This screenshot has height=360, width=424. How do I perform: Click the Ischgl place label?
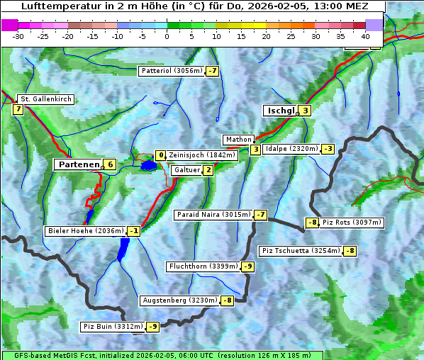pos(281,111)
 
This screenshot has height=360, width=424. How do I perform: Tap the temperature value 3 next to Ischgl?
pos(305,111)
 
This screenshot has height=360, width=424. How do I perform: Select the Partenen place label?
pos(78,164)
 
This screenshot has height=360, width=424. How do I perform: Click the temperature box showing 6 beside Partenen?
pos(110,164)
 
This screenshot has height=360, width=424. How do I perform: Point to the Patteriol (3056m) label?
pos(172,71)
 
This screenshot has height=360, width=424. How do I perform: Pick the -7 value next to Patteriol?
pos(213,71)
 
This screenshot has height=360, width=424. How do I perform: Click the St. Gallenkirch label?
pos(46,99)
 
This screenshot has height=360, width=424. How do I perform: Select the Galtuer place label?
pos(186,170)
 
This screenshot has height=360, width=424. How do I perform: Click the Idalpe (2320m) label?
pos(291,149)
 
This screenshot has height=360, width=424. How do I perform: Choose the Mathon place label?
pos(238,140)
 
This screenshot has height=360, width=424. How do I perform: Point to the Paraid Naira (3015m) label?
pos(213,214)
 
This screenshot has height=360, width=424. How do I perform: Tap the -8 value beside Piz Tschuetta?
pos(350,251)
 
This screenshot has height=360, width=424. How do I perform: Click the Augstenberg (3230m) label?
pos(180,300)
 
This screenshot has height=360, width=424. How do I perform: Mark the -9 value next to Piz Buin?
pos(153,327)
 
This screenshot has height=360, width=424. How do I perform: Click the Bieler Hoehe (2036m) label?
pos(86,230)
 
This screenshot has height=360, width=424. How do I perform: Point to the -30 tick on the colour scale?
pos(18,36)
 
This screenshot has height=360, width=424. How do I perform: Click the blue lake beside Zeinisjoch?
pos(148,166)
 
